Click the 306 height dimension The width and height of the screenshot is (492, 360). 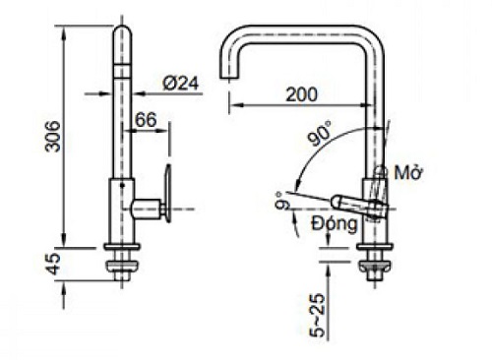[53, 137]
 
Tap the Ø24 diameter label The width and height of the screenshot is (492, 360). [181, 84]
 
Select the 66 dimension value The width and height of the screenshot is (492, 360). [146, 120]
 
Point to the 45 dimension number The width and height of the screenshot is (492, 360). [53, 264]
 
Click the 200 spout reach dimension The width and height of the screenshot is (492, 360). [302, 94]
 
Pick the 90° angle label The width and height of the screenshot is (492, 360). [321, 133]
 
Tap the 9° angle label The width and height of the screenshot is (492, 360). [282, 201]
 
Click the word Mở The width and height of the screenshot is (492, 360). [408, 172]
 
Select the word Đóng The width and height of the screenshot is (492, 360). [334, 225]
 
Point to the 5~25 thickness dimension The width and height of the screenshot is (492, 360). [317, 316]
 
